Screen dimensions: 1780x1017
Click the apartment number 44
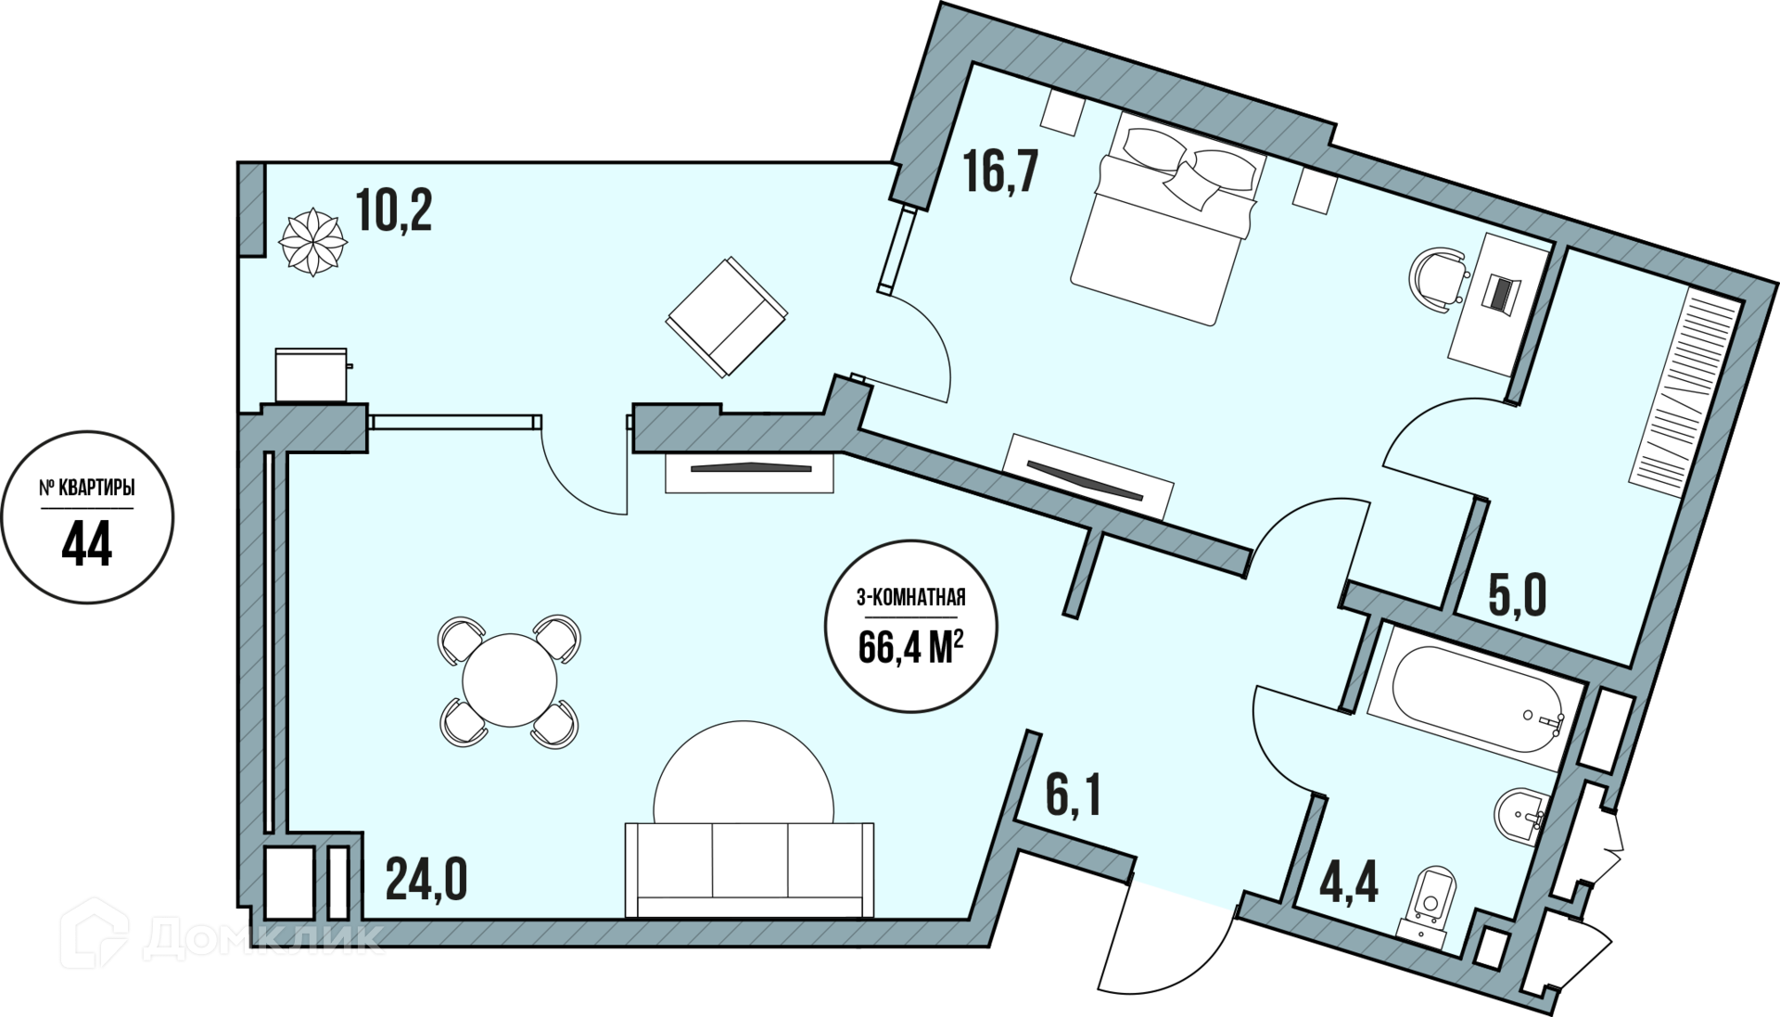(x=87, y=543)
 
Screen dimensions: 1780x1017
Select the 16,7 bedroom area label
(x=1000, y=172)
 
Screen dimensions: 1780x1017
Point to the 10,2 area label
(x=394, y=212)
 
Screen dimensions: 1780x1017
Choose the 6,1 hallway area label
(x=1074, y=796)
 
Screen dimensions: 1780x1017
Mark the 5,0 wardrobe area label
(x=1518, y=596)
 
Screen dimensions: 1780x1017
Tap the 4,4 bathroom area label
(x=1350, y=884)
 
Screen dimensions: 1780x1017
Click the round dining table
(x=510, y=680)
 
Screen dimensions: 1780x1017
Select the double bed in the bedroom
(x=1168, y=218)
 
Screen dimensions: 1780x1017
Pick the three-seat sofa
(x=749, y=869)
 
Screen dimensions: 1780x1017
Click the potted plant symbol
(x=313, y=241)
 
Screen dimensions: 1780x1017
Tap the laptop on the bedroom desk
(x=1500, y=292)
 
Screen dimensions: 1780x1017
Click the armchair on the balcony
(x=726, y=316)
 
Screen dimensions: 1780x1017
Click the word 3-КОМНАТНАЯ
(x=910, y=599)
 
